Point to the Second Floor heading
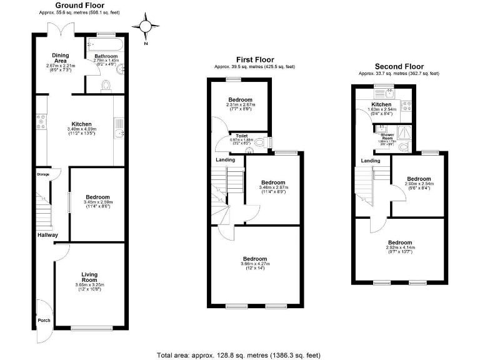(x=399, y=66)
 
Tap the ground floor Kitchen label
(x=81, y=124)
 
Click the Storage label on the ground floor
(x=43, y=174)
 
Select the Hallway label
(x=47, y=235)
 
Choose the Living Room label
(x=89, y=277)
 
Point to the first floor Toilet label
(x=241, y=135)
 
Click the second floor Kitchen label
(x=381, y=104)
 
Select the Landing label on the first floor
(x=225, y=159)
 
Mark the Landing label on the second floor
(x=371, y=161)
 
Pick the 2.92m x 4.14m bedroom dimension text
(x=400, y=248)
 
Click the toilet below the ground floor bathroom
(x=106, y=85)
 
